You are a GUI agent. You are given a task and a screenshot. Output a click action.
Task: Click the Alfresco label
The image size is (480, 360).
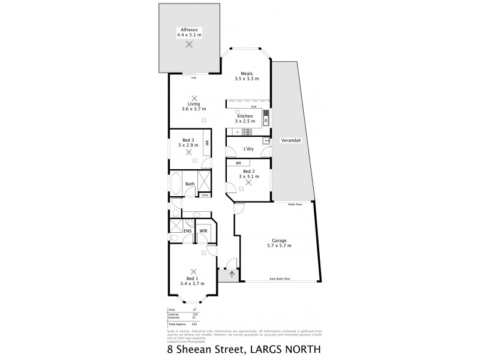coord(189,29)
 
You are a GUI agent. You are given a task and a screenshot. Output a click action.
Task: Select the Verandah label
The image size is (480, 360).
coord(290,140)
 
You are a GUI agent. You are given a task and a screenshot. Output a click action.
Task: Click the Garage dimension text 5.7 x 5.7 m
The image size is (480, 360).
coord(279,245)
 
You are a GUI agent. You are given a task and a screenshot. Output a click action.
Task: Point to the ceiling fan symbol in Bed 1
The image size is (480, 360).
coord(193,271)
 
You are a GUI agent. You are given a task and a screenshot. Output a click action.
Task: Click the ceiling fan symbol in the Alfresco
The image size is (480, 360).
coord(190,44)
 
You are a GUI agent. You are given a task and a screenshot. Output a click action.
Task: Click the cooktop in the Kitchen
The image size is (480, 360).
coord(238,131)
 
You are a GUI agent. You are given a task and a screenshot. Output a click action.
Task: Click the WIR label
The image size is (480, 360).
coord(203,230)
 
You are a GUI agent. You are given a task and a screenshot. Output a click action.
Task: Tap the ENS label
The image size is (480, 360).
coord(187,230)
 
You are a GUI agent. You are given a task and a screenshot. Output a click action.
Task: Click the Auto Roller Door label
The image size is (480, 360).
coord(280,279)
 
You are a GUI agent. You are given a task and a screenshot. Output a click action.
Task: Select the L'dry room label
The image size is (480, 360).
coord(247,149)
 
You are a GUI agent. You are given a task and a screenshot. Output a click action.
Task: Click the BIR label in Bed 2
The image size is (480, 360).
coord(238,163)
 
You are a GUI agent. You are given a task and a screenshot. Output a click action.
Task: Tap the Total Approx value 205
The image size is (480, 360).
coord(194,323)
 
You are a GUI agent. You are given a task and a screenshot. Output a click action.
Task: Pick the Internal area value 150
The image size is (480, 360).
coord(194,314)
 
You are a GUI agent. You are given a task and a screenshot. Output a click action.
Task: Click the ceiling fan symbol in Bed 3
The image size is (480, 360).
coord(189,152)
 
